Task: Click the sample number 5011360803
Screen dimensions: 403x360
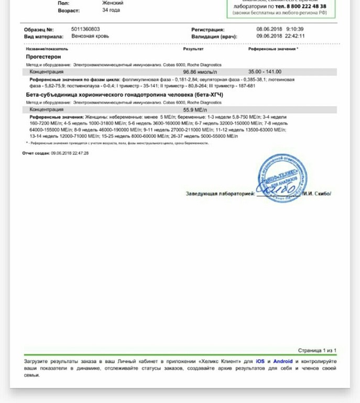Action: tap(85, 29)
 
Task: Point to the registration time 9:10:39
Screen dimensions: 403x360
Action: tap(295, 29)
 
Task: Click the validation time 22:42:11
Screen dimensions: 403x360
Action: tap(295, 36)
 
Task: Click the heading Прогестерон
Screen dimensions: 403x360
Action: tap(43, 57)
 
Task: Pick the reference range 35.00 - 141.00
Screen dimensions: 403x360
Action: tap(265, 72)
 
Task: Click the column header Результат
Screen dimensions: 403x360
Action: tap(193, 49)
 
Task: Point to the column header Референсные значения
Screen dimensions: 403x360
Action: tap(272, 49)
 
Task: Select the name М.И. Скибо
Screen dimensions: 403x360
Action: tap(318, 194)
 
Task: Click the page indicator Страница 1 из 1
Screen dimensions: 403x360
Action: tap(317, 350)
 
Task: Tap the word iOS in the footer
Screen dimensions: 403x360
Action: tap(260, 361)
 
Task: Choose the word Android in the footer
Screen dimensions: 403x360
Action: tap(283, 361)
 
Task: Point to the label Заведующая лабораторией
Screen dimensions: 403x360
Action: tap(220, 194)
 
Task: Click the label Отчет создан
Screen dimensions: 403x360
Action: tap(36, 153)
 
